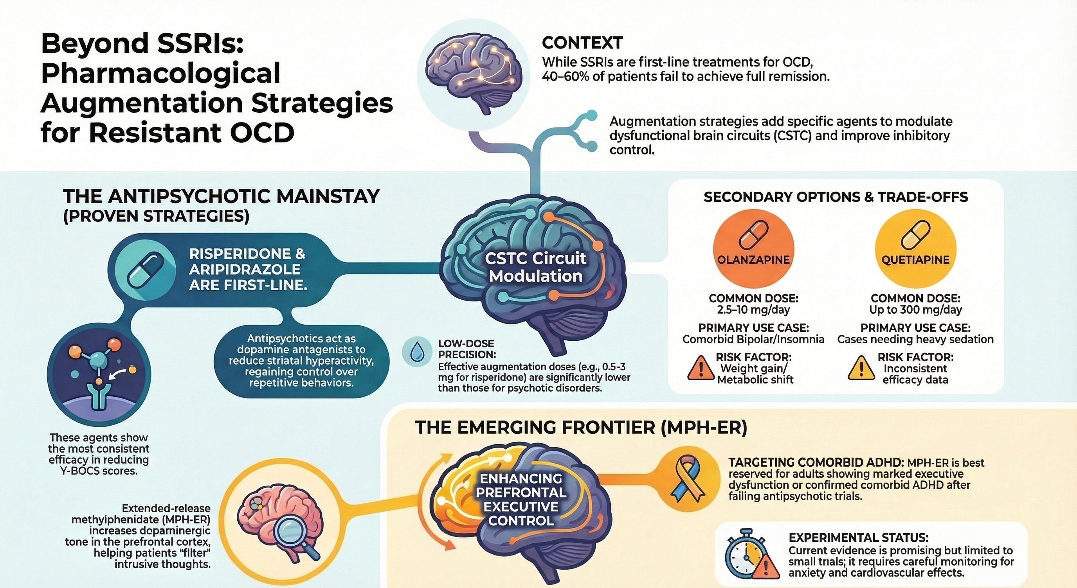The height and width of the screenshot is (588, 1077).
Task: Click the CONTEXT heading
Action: [582, 43]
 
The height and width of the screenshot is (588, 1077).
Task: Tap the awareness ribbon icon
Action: [690, 478]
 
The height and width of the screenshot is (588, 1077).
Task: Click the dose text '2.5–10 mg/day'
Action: [753, 310]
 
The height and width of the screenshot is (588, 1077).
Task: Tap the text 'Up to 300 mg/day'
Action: [915, 310]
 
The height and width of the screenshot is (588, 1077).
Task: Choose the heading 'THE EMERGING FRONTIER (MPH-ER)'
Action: [581, 428]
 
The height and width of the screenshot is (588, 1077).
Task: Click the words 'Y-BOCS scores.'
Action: [99, 471]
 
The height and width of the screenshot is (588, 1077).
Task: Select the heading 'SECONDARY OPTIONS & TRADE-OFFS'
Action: [836, 197]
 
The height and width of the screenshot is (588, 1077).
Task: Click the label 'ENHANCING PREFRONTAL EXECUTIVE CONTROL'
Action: [521, 500]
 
